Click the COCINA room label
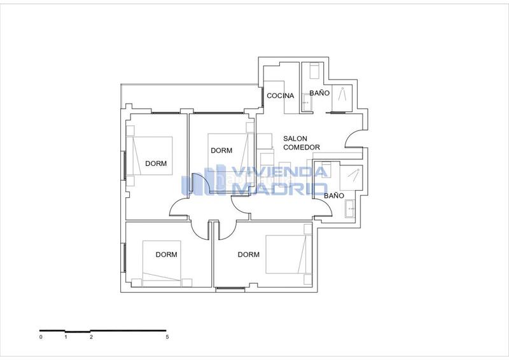click(x=280, y=96)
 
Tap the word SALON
click(x=296, y=139)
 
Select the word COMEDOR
click(x=302, y=148)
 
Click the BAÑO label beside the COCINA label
click(x=319, y=93)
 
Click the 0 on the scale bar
click(x=40, y=337)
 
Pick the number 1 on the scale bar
click(x=66, y=337)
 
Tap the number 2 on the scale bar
click(x=91, y=337)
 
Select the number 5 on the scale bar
click(x=167, y=337)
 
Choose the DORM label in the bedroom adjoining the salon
click(x=221, y=151)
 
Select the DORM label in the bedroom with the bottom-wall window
click(x=248, y=254)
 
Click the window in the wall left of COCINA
click(x=263, y=96)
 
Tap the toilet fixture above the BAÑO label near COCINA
click(x=313, y=71)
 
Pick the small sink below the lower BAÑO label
click(x=349, y=207)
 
